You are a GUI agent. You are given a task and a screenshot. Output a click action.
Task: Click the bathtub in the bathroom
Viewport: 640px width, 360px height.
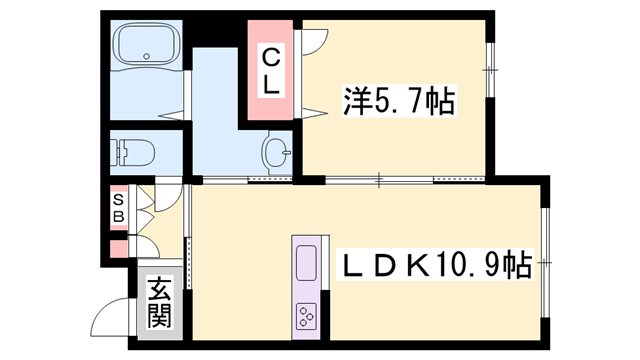point(149,43)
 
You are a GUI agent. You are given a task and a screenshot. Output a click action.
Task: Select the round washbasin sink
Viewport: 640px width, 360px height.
point(275,152)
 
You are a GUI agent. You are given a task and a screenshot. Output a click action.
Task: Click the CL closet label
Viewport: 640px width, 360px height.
point(270,71)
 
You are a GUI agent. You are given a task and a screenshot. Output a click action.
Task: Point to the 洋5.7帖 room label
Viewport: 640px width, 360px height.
point(399,101)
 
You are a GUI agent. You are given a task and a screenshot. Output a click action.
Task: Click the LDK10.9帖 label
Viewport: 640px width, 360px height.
point(435,264)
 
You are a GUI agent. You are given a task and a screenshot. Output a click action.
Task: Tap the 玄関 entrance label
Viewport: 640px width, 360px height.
point(159,302)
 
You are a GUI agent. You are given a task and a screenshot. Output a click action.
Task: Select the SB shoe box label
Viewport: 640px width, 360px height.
point(118,208)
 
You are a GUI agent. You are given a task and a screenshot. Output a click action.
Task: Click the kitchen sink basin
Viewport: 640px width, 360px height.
point(306,263)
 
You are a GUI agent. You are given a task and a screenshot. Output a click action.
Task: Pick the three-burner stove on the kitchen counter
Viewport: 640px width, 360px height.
point(306,317)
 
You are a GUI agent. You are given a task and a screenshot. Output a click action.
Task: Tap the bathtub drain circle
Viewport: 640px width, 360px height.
point(147,56)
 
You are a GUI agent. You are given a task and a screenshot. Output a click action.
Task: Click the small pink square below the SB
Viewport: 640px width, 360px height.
point(119,248)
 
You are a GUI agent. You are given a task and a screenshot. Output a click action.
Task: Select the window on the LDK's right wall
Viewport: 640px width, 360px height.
point(544,262)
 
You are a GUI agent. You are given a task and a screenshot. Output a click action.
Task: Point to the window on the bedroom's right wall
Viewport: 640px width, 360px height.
point(489,70)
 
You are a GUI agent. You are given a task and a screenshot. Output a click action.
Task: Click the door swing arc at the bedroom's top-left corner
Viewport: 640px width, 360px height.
point(315,42)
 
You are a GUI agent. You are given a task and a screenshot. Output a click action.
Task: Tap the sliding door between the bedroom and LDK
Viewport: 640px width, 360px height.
point(405,180)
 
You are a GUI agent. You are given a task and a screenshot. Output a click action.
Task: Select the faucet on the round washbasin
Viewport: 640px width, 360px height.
point(287,153)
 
